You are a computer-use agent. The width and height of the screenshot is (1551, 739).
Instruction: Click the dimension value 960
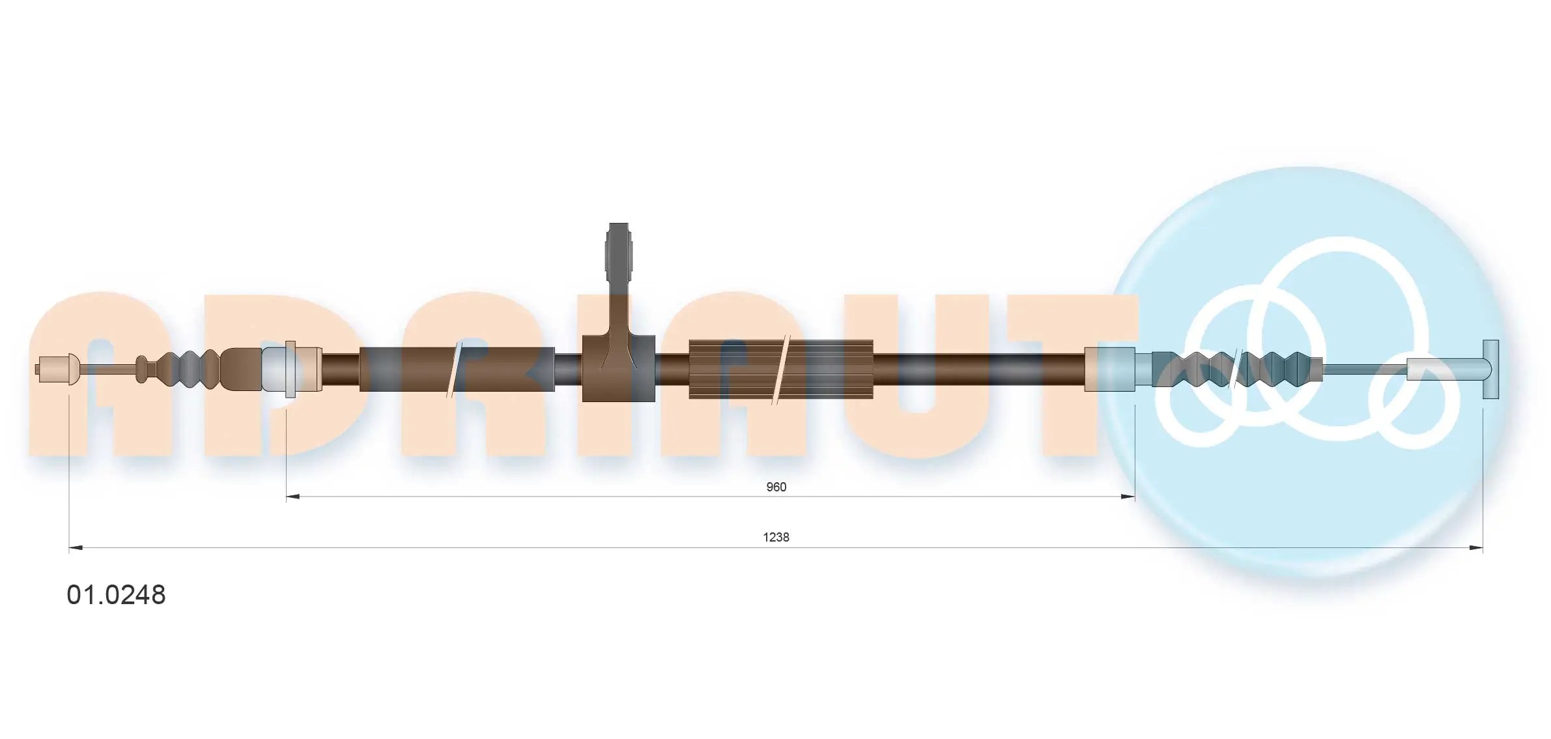pos(776,487)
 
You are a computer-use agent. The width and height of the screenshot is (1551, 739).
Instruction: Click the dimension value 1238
pos(776,537)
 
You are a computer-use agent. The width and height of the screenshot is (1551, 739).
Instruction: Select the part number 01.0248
pos(117,595)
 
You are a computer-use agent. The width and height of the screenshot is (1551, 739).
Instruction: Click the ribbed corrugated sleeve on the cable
pos(781,369)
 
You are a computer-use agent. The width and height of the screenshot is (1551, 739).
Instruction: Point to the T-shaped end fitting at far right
pos(1490,369)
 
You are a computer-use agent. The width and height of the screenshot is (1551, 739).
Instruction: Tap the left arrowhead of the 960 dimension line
pos(292,497)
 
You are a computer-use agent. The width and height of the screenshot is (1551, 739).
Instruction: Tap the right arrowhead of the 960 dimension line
pos(1128,497)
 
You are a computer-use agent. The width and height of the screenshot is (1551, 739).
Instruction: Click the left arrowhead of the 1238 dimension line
pos(76,547)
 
